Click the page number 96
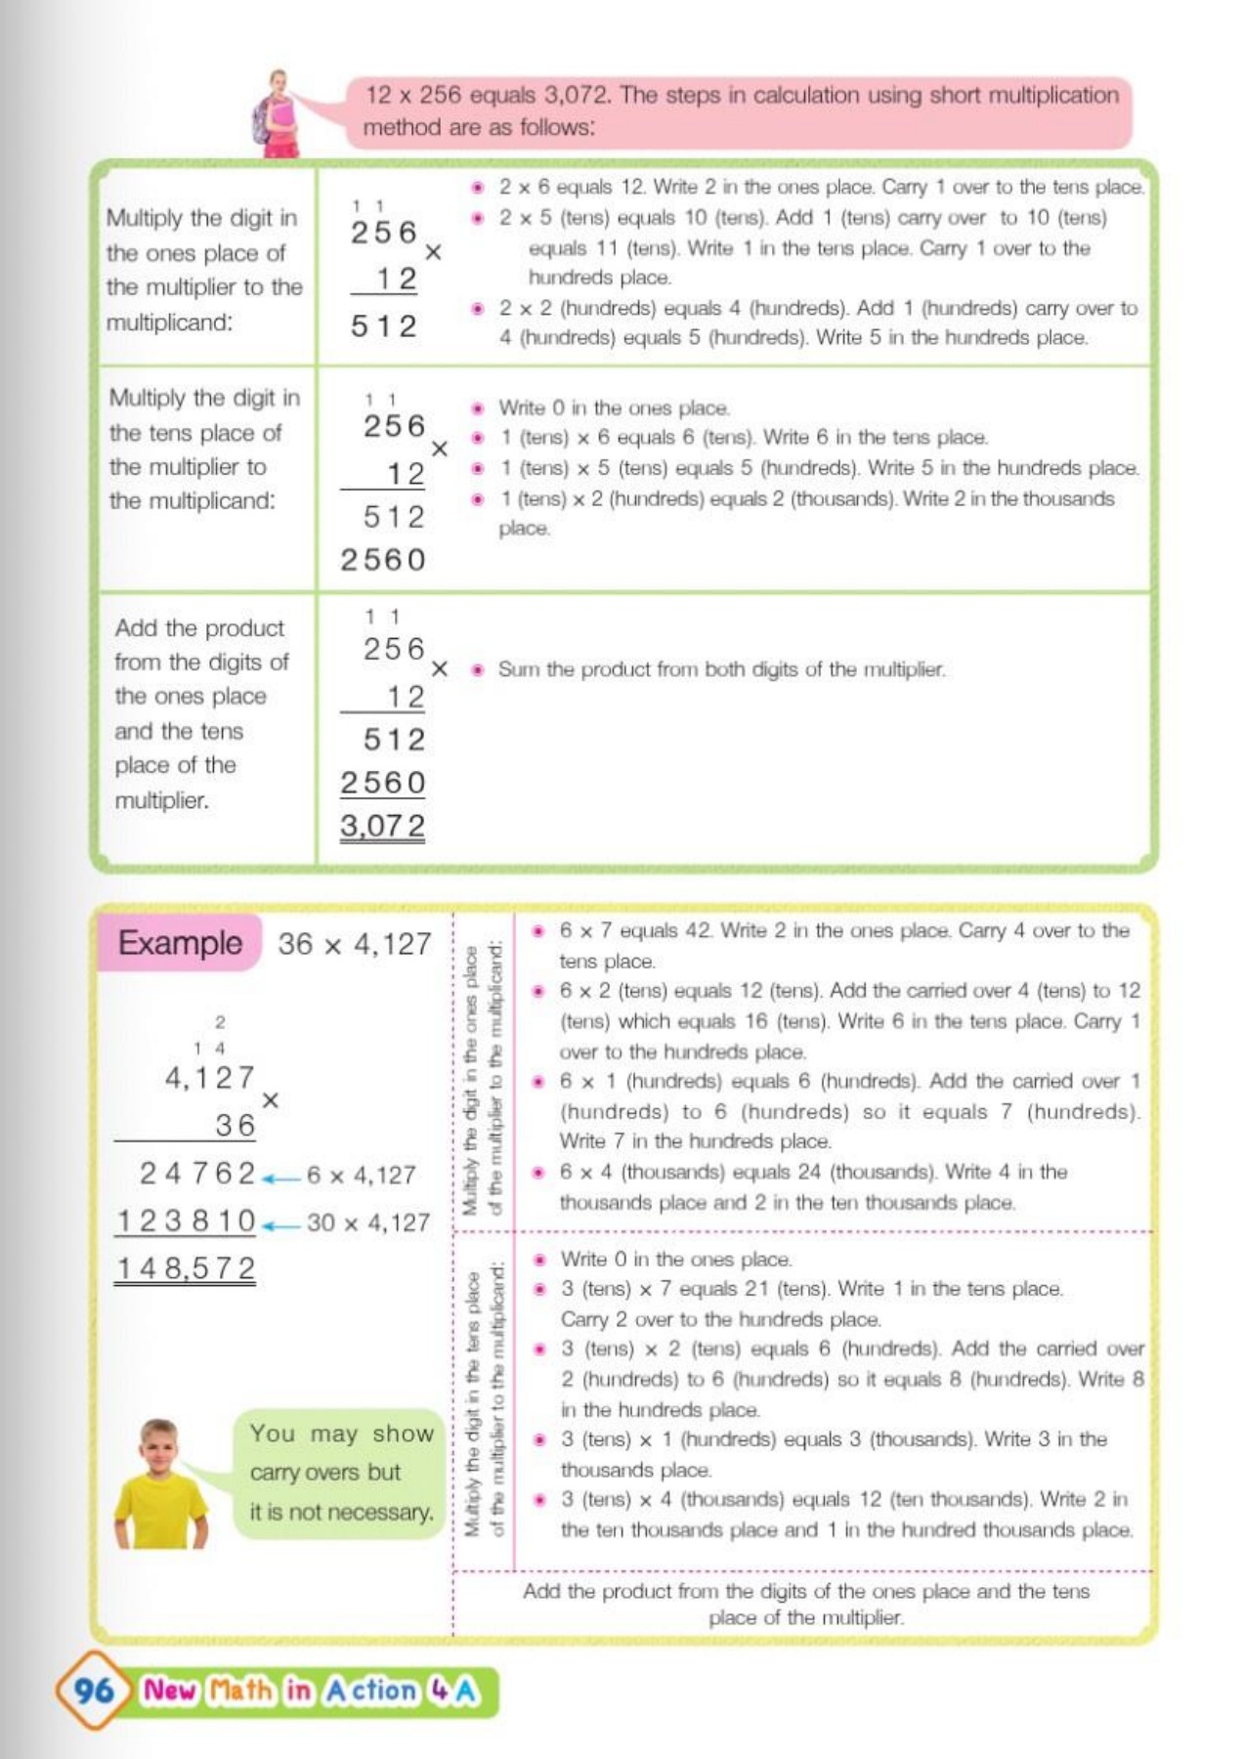point(94,1690)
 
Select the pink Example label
point(180,943)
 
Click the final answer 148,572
point(186,1268)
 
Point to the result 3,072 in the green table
point(382,827)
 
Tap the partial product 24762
point(197,1173)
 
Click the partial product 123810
point(186,1221)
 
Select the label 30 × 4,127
point(367,1223)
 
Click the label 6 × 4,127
point(361,1175)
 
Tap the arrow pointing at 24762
point(281,1179)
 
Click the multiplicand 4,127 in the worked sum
point(209,1078)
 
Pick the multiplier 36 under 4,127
point(235,1126)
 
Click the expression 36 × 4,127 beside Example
point(354,944)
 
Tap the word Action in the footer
point(371,1690)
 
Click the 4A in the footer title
point(453,1690)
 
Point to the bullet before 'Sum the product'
point(478,670)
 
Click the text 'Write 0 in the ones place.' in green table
point(614,408)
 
